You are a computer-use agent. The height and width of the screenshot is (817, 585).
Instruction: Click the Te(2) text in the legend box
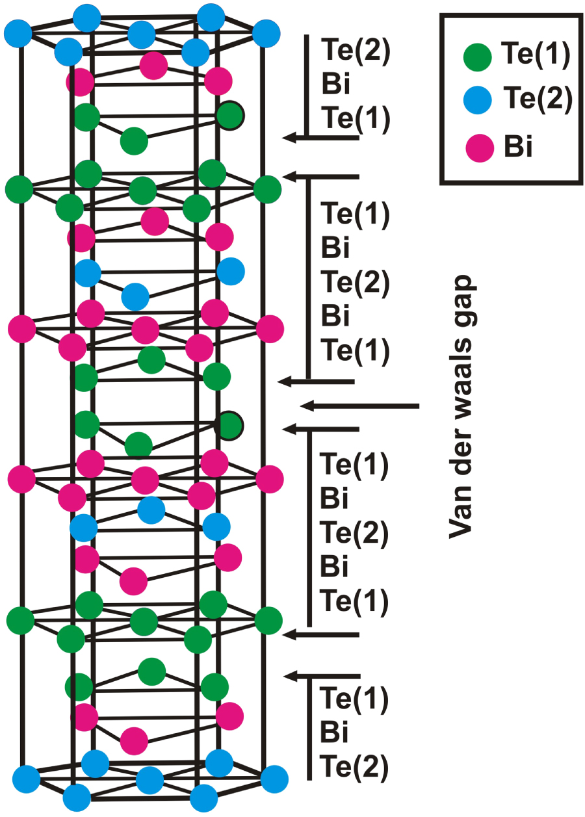pos(536,99)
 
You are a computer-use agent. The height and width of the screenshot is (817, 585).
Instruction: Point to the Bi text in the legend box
pos(518,148)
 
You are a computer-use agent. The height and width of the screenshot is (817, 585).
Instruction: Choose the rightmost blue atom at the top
pos(265,32)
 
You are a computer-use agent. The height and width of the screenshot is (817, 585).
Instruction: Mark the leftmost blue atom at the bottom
pos(26,777)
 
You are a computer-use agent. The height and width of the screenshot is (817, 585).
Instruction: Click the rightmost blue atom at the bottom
pos(274,777)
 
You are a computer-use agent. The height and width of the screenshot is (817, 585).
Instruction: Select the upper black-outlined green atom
pos(230,116)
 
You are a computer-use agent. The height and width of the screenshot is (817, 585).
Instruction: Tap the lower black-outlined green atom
pos(229,426)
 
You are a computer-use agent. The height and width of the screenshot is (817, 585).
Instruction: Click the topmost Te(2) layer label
pos(355,51)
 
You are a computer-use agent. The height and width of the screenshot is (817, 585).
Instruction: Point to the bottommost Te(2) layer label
pos(355,768)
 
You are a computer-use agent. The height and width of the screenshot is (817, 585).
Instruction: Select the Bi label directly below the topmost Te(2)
pos(335,85)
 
